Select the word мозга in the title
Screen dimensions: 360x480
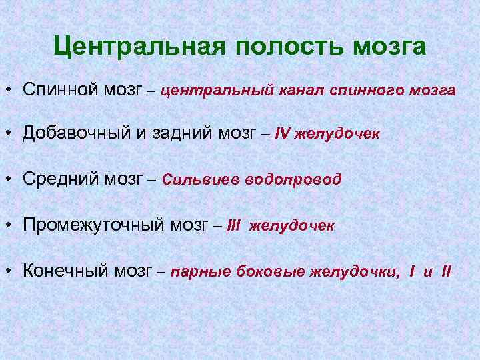389,47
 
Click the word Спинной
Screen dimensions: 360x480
61,89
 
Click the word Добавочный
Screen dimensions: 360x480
78,133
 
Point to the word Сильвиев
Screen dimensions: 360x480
200,179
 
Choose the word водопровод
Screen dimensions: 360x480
293,179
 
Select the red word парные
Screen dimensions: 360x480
196,271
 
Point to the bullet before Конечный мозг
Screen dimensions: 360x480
12,270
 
